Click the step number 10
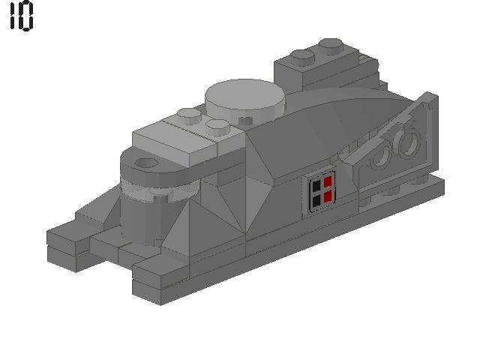[x=21, y=16]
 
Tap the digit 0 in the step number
[x=26, y=16]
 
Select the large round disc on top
[x=245, y=97]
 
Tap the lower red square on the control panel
[x=328, y=197]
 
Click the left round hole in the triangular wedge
[x=383, y=153]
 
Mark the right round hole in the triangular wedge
[x=409, y=142]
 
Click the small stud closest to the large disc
[x=217, y=125]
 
